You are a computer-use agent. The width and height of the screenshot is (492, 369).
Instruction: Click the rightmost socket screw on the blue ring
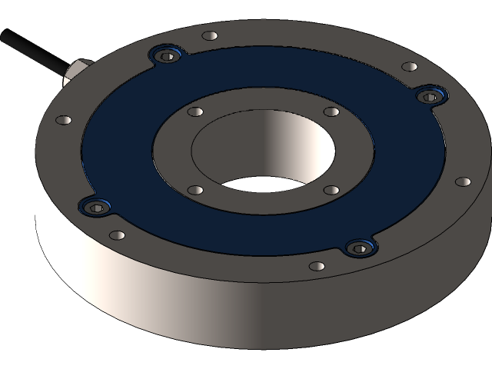pos(430,95)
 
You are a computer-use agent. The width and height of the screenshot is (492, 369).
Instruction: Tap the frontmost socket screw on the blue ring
pos(359,248)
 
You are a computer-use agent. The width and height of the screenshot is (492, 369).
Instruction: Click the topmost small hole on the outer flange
pos(209,35)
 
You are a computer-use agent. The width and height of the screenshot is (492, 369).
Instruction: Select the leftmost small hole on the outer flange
pos(64,121)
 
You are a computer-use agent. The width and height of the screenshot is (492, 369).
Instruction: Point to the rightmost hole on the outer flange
pos(463,182)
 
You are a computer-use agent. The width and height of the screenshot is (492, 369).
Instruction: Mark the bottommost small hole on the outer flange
pos(316,266)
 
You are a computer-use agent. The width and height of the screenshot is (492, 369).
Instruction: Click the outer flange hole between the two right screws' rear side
pos(410,67)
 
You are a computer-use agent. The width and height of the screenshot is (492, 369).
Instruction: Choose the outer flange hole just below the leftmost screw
pos(117,235)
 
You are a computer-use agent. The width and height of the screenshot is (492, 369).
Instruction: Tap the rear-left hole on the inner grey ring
pos(195,111)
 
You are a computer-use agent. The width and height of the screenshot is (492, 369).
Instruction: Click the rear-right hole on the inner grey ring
pos(331,111)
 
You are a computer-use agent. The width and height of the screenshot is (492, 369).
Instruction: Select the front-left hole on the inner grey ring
pos(196,190)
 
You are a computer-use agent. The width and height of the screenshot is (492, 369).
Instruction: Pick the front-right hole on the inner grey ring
pos(331,189)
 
